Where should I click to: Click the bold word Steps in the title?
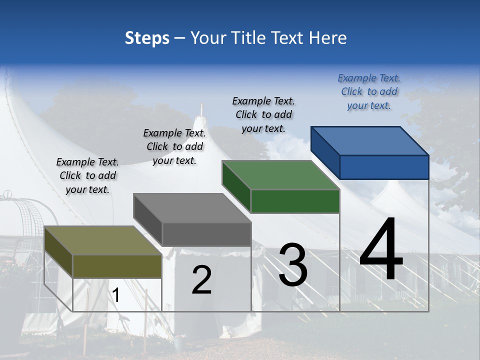pyautogui.click(x=147, y=38)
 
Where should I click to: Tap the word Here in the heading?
pyautogui.click(x=327, y=38)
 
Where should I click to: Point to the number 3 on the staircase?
pyautogui.click(x=293, y=265)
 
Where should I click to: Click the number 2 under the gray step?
pyautogui.click(x=201, y=280)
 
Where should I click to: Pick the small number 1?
pyautogui.click(x=115, y=295)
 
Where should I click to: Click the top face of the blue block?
pyautogui.click(x=370, y=141)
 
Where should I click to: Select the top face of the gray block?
pyautogui.click(x=192, y=208)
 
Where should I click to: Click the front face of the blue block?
pyautogui.click(x=384, y=167)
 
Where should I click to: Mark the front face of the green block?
pyautogui.click(x=295, y=201)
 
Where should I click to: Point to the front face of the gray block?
pyautogui.click(x=206, y=234)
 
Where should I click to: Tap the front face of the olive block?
pyautogui.click(x=117, y=266)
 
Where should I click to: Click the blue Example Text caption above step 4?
pyautogui.click(x=369, y=91)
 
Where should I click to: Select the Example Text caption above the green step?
pyautogui.click(x=263, y=114)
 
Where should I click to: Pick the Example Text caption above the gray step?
pyautogui.click(x=174, y=146)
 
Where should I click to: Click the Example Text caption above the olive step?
pyautogui.click(x=87, y=175)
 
